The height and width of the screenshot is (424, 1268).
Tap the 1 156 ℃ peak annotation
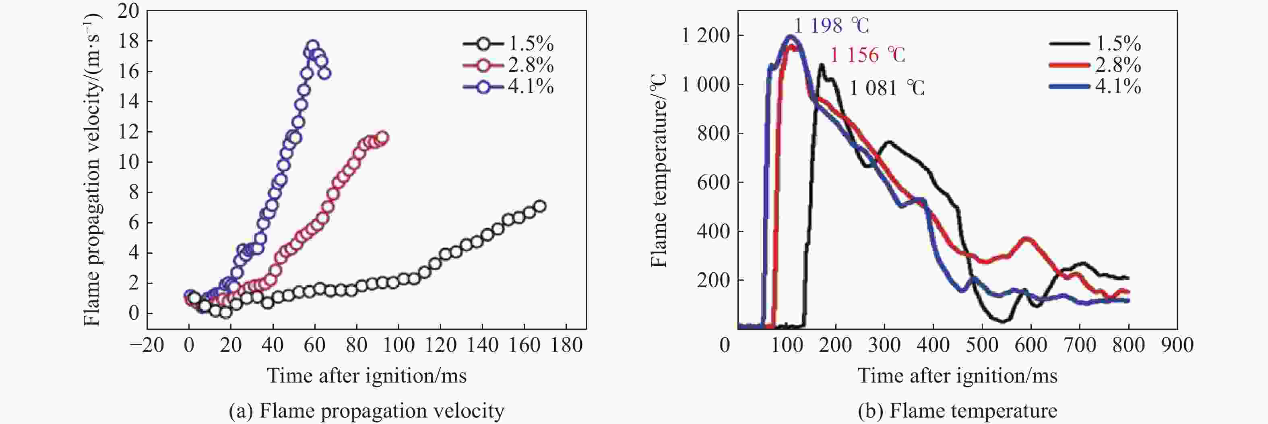(x=867, y=55)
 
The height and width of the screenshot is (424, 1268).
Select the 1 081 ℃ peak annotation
(x=887, y=88)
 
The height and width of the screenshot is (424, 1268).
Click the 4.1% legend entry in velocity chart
(x=508, y=87)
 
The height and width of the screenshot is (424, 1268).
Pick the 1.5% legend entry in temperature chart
(x=1096, y=44)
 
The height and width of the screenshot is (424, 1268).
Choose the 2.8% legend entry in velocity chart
(x=508, y=65)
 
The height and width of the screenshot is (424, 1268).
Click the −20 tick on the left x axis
(x=147, y=345)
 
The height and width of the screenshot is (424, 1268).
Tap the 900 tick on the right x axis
(x=1177, y=345)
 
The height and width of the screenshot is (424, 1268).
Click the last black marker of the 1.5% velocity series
(x=539, y=206)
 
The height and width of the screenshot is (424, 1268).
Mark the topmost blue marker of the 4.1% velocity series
(x=312, y=46)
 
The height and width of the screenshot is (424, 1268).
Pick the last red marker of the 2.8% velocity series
(x=382, y=137)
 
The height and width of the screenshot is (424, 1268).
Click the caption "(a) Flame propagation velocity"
(x=367, y=411)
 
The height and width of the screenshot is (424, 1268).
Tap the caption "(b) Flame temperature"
(x=957, y=411)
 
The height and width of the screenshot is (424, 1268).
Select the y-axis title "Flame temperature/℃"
(x=659, y=170)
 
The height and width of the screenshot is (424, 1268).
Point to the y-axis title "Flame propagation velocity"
(x=91, y=170)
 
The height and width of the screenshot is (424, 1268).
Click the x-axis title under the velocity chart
(x=367, y=376)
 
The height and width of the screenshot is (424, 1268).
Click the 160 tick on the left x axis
(x=524, y=345)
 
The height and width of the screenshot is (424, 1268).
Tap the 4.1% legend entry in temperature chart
(x=1096, y=87)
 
